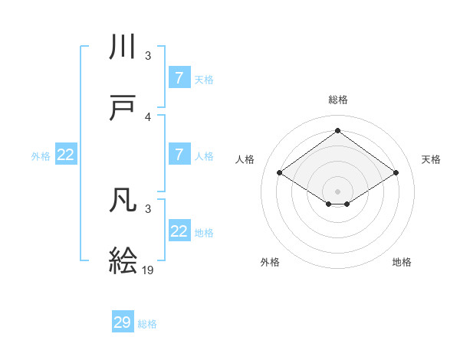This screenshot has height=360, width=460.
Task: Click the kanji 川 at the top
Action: (x=123, y=48)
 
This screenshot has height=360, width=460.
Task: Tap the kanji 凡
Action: (x=123, y=201)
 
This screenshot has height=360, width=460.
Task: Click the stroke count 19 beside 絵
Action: (x=149, y=270)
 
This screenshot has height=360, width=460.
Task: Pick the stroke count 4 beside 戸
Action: (x=148, y=117)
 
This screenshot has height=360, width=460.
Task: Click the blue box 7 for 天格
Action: (x=179, y=78)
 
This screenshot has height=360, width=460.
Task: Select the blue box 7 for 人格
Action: (x=179, y=155)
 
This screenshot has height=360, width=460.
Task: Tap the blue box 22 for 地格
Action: (x=179, y=231)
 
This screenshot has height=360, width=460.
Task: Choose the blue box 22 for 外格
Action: (x=66, y=155)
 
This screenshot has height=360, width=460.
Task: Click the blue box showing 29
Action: (x=123, y=322)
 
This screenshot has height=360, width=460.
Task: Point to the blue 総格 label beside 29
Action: (x=147, y=324)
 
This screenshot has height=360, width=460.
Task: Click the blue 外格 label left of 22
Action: (x=41, y=156)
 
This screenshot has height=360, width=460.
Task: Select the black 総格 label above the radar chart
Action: (x=337, y=100)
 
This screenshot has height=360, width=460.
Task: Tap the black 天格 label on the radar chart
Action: (x=431, y=159)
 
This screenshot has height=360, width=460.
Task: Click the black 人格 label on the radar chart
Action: (x=245, y=159)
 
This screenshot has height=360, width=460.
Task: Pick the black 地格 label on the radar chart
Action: (x=402, y=262)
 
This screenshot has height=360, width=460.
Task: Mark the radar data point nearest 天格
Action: (x=396, y=173)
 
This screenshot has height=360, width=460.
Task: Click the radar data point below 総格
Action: (x=337, y=131)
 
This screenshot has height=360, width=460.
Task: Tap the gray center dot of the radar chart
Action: (x=337, y=190)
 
